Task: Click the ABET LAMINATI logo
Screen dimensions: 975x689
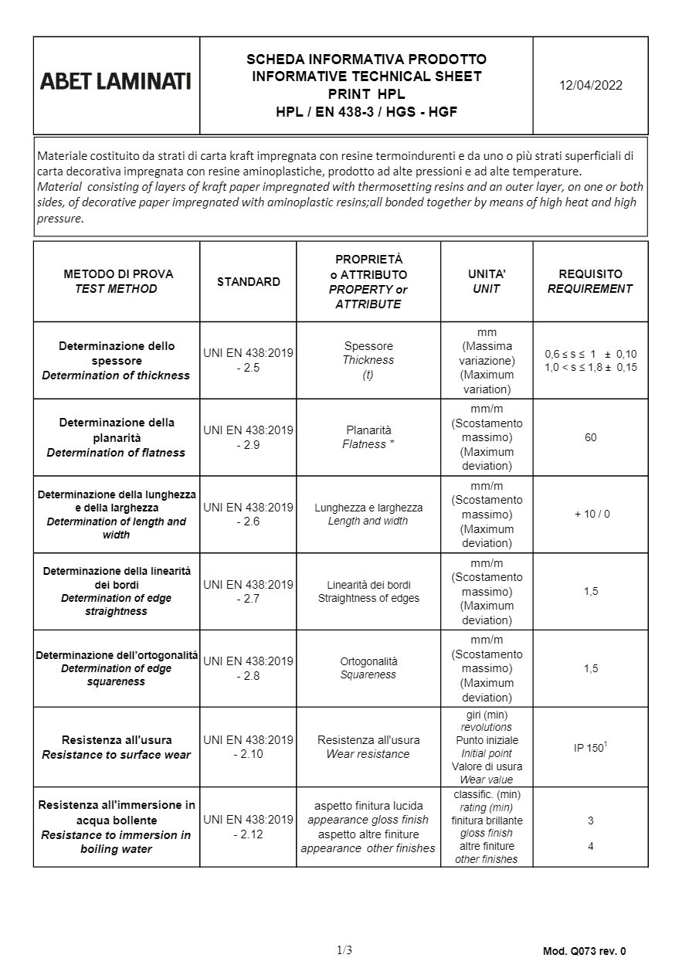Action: [x=116, y=80]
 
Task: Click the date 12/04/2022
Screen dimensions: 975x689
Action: [x=590, y=85]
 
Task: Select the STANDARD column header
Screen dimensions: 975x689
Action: [x=248, y=281]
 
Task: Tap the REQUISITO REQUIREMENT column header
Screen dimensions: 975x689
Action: [x=590, y=281]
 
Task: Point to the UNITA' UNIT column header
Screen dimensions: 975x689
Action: [x=487, y=281]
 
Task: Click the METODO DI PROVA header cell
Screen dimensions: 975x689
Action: [x=117, y=281]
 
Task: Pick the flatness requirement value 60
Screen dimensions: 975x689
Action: [x=590, y=437]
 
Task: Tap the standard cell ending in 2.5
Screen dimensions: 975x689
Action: [x=248, y=360]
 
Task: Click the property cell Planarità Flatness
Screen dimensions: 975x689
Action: [x=368, y=437]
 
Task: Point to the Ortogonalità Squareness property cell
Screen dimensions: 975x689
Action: [x=368, y=668]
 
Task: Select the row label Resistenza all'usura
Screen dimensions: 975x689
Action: [x=117, y=739]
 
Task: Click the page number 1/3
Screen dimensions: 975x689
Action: [x=344, y=950]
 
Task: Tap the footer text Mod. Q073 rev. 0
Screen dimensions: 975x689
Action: [x=584, y=951]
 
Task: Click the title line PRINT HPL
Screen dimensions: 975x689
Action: [x=366, y=94]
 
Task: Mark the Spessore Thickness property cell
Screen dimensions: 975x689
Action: [x=368, y=360]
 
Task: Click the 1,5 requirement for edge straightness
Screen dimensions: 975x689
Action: [x=590, y=591]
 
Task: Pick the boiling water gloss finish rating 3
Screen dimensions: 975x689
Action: [x=590, y=820]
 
